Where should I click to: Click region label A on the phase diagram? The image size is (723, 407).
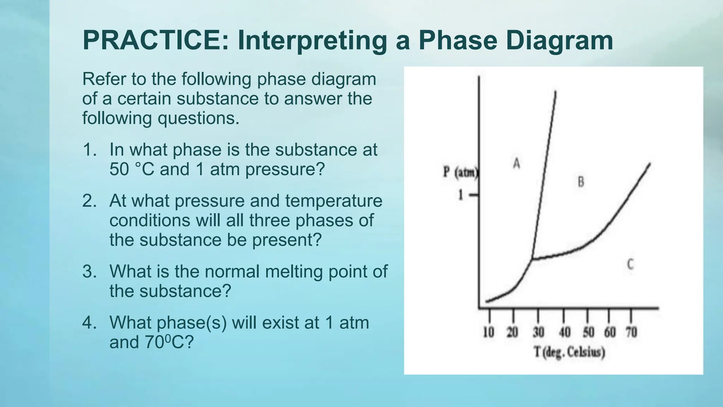516,164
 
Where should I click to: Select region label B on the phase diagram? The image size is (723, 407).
580,182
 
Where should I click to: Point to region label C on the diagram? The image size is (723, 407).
630,264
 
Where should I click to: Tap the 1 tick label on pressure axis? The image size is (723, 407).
460,195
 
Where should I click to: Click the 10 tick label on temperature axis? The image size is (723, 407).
488,332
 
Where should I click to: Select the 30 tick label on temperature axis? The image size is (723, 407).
538,332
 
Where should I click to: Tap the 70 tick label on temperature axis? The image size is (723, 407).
632,332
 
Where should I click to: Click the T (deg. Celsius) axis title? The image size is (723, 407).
569,353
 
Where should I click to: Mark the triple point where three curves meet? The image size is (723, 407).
532,259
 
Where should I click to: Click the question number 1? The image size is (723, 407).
89,150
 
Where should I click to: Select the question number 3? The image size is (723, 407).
89,272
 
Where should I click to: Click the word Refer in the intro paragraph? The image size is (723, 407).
104,79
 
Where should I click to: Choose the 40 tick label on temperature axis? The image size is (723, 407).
564,332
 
